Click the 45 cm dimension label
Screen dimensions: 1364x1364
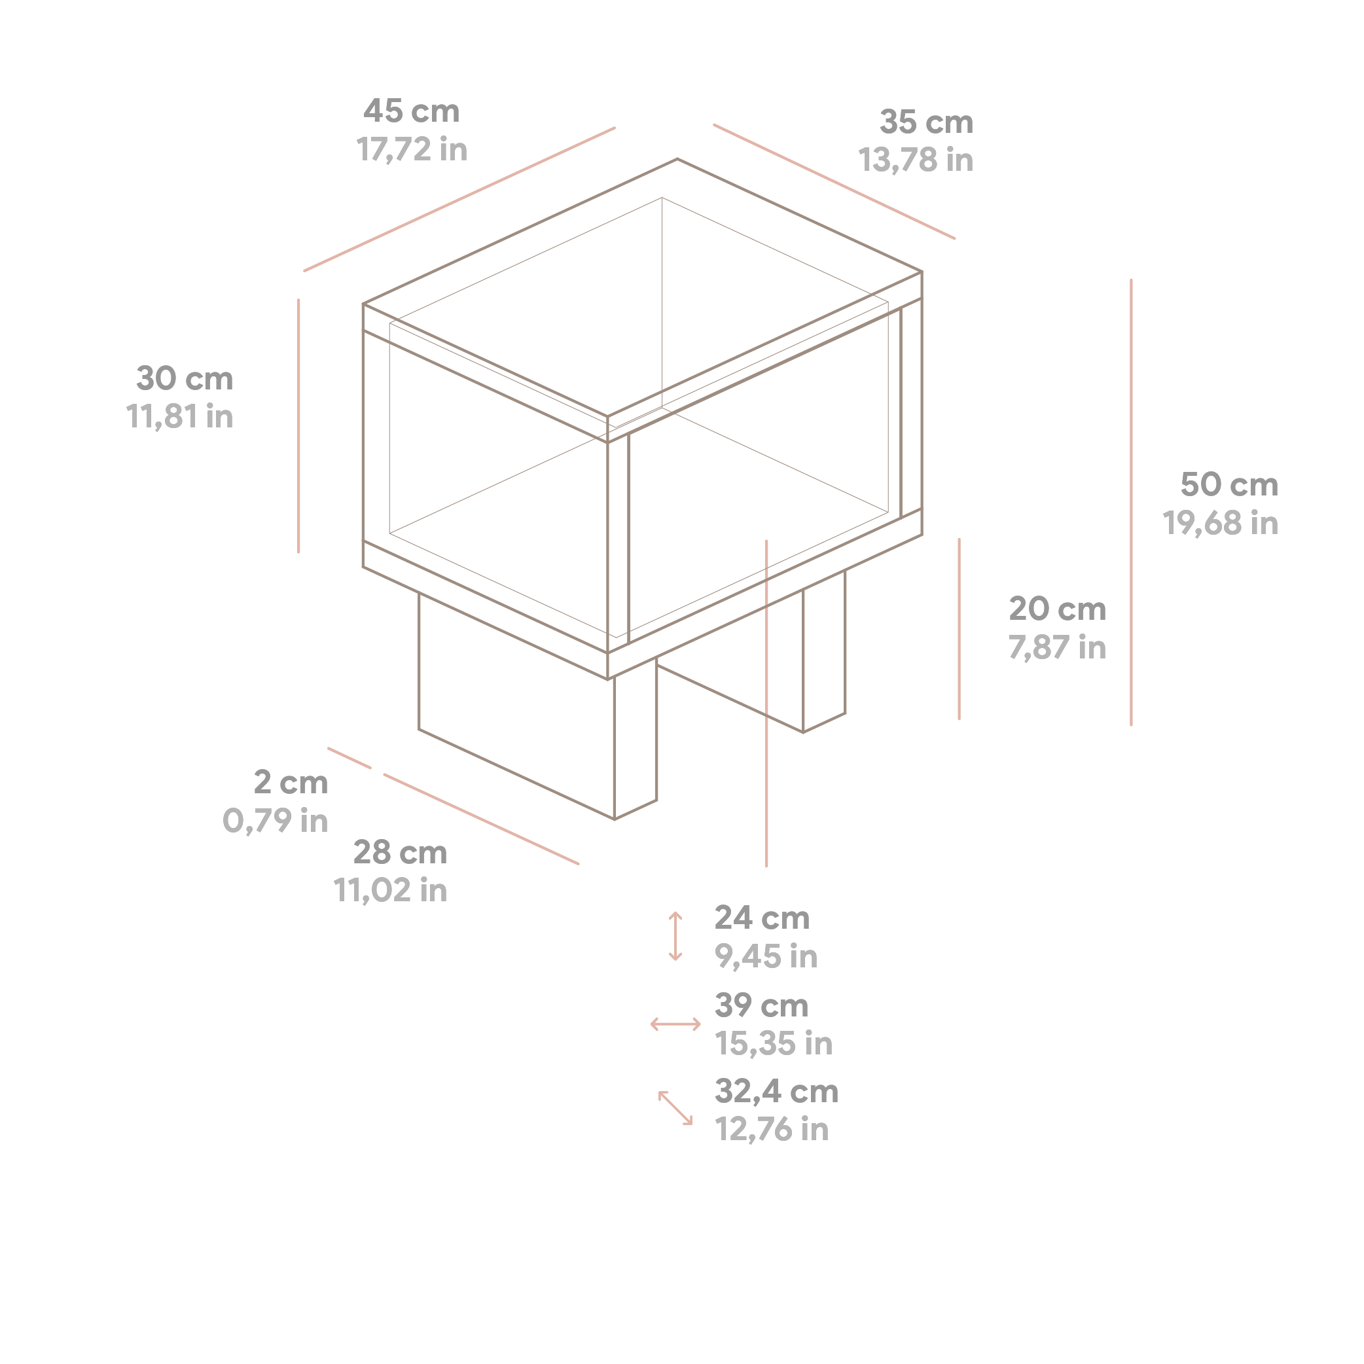[x=412, y=111]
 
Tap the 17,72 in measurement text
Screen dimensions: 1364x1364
[x=412, y=150]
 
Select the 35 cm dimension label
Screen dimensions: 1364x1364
[x=926, y=122]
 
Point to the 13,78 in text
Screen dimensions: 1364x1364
[x=916, y=160]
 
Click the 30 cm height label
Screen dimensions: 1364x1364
[x=185, y=378]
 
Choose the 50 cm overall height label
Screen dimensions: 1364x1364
[x=1229, y=484]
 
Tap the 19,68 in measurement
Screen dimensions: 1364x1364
[x=1221, y=523]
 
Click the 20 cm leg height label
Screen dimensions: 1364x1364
[x=1057, y=609]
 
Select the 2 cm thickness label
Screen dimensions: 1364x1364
[x=291, y=782]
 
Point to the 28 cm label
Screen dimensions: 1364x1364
[x=401, y=852]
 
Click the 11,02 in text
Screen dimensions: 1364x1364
[x=391, y=890]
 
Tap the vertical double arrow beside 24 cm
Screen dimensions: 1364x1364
[x=675, y=936]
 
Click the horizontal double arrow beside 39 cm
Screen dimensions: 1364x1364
[x=675, y=1024]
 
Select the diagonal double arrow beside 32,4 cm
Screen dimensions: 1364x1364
[x=675, y=1107]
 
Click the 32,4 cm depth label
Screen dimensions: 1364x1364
[x=777, y=1092]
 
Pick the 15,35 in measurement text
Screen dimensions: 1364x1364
[x=774, y=1043]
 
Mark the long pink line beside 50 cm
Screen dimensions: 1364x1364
[x=1131, y=502]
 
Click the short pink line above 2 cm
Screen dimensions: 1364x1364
[x=350, y=757]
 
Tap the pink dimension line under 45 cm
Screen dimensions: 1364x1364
[x=459, y=199]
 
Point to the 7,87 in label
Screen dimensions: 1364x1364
[x=1057, y=647]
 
